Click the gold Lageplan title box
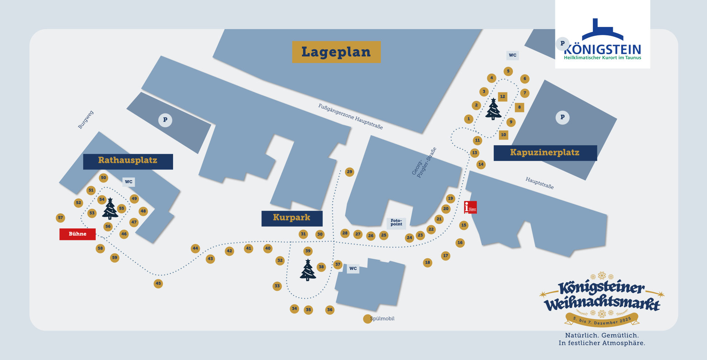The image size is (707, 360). pos(336,52)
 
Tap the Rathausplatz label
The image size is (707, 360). pos(128,161)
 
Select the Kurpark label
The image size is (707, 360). pos(292,218)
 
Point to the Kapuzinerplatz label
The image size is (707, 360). pos(545,153)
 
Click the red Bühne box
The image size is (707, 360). pos(77,234)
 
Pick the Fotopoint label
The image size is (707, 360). pos(396,223)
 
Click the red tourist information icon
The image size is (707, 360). pos(470,207)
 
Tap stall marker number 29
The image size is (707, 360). pos(349,172)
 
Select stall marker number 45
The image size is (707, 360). pos(158,283)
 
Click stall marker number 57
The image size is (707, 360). pos(60,218)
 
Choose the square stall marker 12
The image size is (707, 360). pos(503,97)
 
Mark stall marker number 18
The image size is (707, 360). pos(428,263)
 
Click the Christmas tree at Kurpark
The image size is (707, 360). pos(308,270)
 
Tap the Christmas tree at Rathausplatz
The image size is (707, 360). pos(110,209)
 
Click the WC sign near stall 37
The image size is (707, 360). pos(353,269)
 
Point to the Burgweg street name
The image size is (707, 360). pos(86,119)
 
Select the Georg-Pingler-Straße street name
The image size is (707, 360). pos(424,163)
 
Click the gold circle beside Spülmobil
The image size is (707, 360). pos(367,319)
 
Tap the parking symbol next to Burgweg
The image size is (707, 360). pos(165,120)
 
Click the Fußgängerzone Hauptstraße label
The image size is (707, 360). pos(350,116)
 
